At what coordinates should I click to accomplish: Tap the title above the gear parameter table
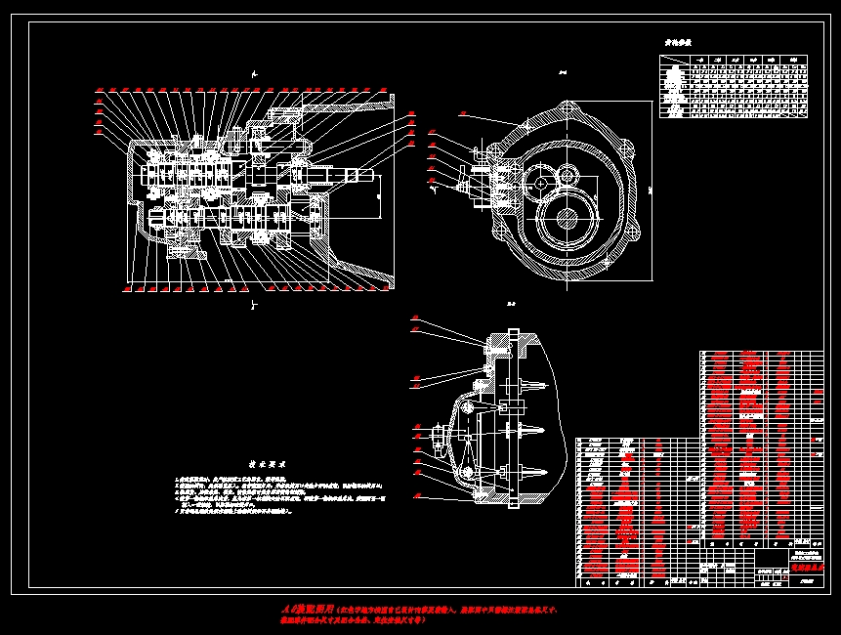click(678, 43)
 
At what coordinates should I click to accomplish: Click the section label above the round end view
click(563, 71)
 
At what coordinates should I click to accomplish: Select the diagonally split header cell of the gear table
click(673, 61)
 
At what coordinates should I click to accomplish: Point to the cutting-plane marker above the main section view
click(254, 73)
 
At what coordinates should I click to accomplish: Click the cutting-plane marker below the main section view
click(254, 305)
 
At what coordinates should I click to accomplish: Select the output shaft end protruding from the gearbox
click(369, 176)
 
